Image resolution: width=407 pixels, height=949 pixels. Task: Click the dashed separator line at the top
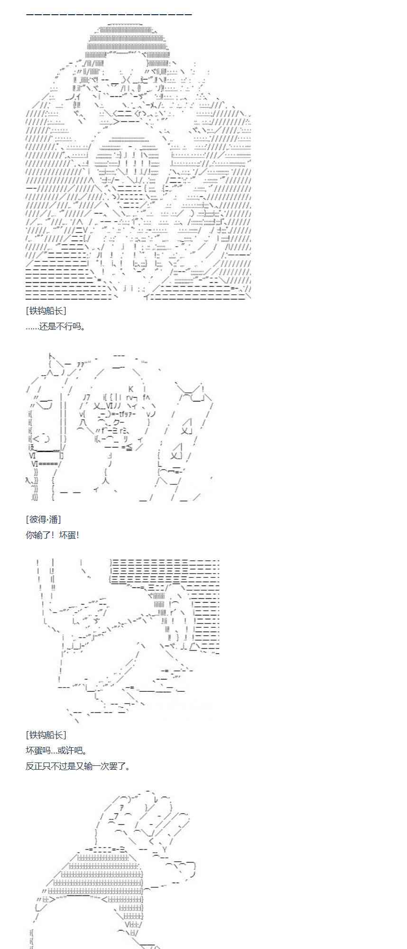pos(109,14)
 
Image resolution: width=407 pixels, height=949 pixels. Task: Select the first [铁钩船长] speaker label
pos(46,311)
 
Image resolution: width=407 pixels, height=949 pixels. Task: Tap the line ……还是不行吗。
pos(55,326)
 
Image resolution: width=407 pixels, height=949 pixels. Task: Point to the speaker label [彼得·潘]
pos(43,520)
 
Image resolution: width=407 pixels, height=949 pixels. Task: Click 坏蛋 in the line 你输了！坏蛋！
pos(67,535)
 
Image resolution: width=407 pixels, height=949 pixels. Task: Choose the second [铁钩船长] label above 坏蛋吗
pos(46,735)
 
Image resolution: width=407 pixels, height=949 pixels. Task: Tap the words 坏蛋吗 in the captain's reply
pos(37,751)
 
